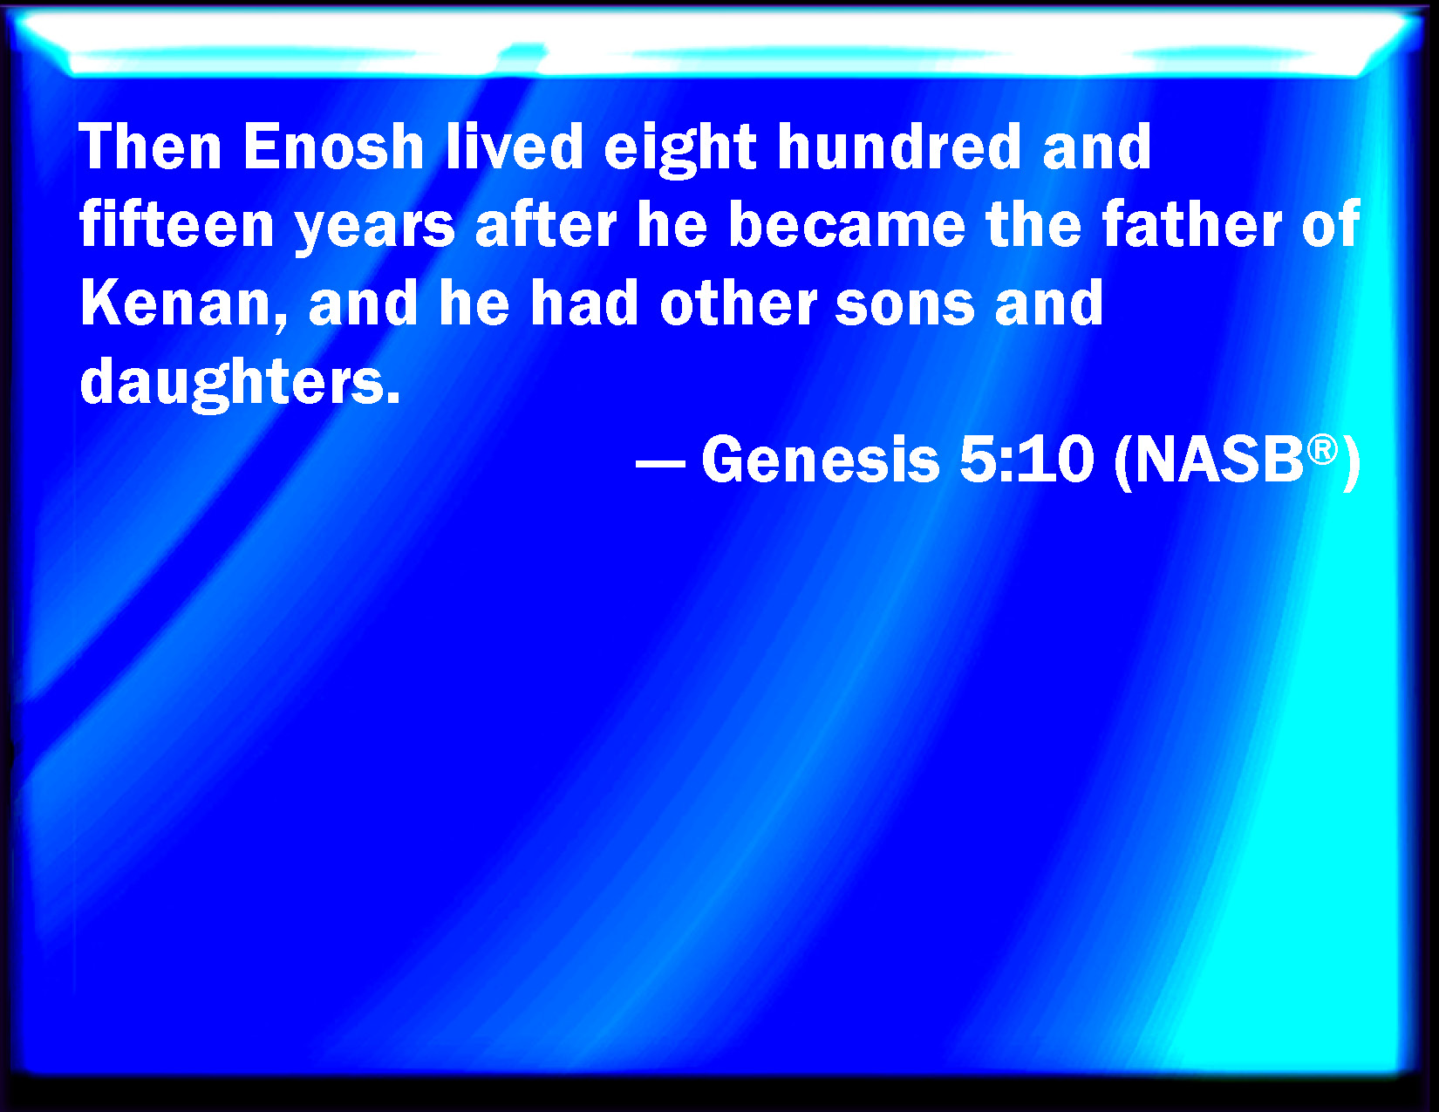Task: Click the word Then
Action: pos(150,147)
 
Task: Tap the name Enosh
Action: pos(334,147)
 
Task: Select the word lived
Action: pos(514,147)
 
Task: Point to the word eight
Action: pos(680,150)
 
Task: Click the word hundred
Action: pos(899,147)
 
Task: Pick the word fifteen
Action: pos(177,224)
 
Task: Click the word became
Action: pos(847,224)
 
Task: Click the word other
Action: pos(739,303)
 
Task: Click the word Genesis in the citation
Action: pos(821,460)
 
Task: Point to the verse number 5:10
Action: pos(1026,460)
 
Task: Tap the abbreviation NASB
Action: pos(1219,460)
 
